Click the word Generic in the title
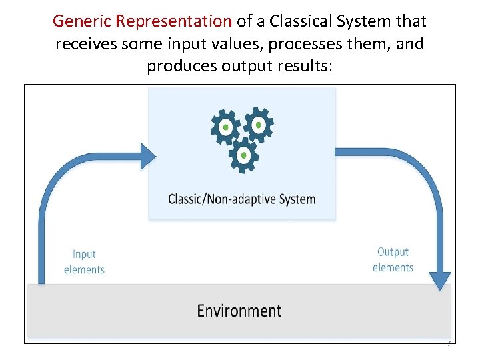(x=82, y=21)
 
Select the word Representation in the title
(x=173, y=21)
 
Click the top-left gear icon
(x=226, y=127)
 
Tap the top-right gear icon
(x=257, y=123)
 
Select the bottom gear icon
(x=244, y=155)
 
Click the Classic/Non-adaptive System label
(x=241, y=199)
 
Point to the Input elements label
(x=84, y=262)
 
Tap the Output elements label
(x=393, y=260)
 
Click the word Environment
(x=239, y=311)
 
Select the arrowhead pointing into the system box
(x=147, y=155)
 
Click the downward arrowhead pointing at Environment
(x=439, y=280)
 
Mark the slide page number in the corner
(x=449, y=343)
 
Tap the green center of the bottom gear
(x=244, y=155)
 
